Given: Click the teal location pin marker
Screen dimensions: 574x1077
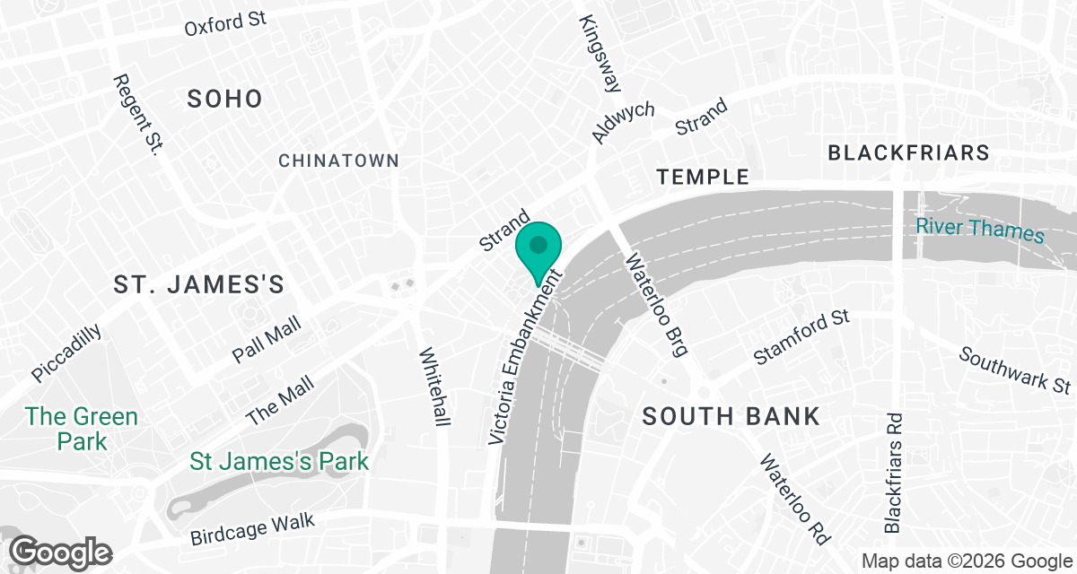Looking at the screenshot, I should pos(538,248).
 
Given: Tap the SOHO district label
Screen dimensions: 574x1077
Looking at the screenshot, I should pos(224,99).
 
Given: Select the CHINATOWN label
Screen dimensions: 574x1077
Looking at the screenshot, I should pos(338,161).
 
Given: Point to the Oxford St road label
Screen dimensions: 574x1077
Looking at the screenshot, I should pos(226,23).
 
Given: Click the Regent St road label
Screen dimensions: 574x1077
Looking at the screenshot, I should pos(136,114).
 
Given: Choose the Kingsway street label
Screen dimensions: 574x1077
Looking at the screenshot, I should pos(600,54).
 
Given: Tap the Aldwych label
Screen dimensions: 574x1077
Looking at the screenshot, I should pos(623,123).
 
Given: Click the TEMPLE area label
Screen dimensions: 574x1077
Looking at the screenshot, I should pos(703,177).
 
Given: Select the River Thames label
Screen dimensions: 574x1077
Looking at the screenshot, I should pos(980,228).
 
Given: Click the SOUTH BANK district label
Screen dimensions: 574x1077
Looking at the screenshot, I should pos(731,416).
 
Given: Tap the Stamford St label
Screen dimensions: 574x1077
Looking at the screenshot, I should pos(801,337).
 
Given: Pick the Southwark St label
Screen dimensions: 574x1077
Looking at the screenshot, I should pos(1015,370).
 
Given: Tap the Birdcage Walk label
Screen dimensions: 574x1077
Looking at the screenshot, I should pos(253,528).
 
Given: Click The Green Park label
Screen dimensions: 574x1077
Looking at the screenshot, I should pos(82,429).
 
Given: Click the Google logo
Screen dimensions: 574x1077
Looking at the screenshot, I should pos(61,552).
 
